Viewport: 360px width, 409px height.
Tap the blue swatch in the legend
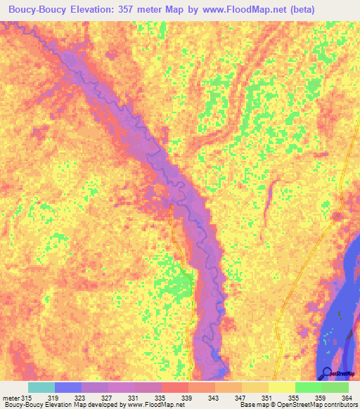point(67,387)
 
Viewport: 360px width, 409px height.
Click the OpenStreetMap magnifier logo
point(327,372)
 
